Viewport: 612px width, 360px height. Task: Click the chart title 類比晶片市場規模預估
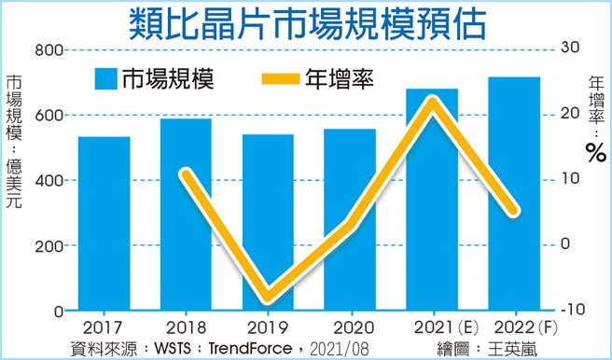pyautogui.click(x=305, y=22)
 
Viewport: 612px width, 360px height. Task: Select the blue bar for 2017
pyautogui.click(x=104, y=224)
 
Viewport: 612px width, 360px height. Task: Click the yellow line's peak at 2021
pyautogui.click(x=432, y=99)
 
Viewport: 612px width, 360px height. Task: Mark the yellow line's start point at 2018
pyautogui.click(x=186, y=173)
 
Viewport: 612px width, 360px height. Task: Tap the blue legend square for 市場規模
pyautogui.click(x=104, y=78)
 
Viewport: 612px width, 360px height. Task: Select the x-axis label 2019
pyautogui.click(x=268, y=328)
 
